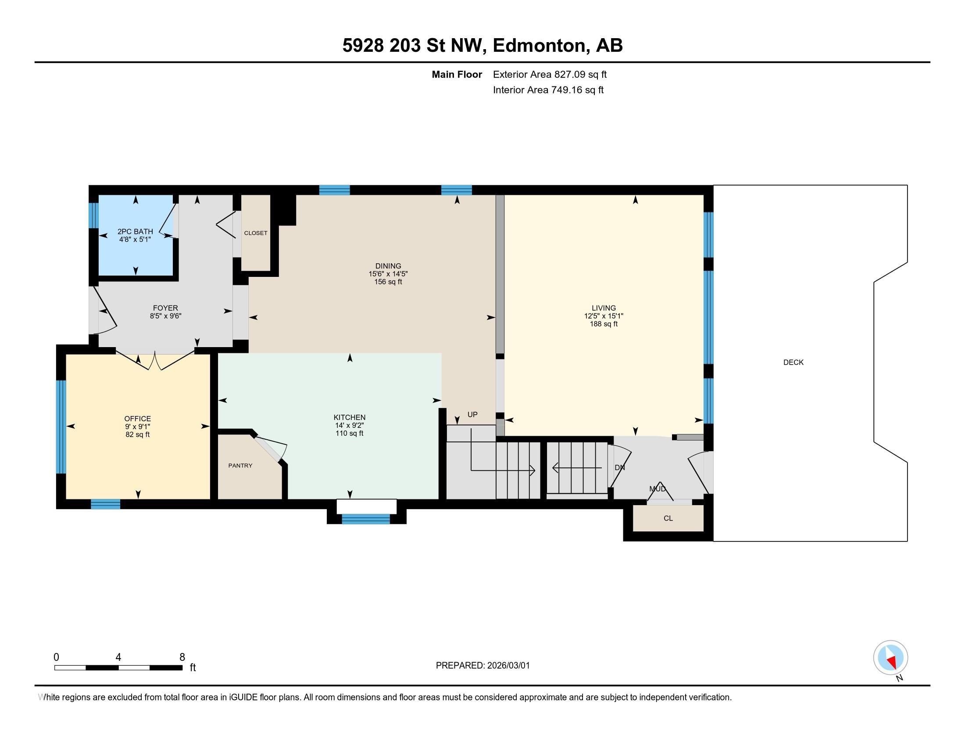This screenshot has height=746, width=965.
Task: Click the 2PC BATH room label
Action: (x=135, y=231)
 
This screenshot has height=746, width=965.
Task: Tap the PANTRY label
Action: (x=240, y=465)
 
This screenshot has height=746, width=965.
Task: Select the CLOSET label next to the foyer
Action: (x=256, y=233)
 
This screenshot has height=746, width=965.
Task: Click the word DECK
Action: (x=793, y=362)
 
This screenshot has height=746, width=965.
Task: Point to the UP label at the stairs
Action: (x=472, y=415)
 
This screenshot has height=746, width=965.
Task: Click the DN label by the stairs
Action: (x=619, y=467)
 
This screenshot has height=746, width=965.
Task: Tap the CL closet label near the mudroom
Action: (x=668, y=518)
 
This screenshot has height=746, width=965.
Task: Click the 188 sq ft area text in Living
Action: (x=604, y=324)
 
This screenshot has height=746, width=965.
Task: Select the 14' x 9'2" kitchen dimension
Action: (x=349, y=425)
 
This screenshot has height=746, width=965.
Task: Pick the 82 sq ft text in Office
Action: (x=137, y=434)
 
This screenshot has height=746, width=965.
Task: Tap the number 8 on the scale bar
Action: (x=182, y=657)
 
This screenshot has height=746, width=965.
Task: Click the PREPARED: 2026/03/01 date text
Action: (x=482, y=666)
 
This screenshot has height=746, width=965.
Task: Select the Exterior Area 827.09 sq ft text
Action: (x=550, y=74)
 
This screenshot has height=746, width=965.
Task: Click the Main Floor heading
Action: (x=457, y=74)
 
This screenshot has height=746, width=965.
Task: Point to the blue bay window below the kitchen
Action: (x=366, y=519)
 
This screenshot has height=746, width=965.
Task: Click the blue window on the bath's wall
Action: (x=93, y=215)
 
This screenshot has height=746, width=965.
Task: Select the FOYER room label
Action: (x=165, y=308)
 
